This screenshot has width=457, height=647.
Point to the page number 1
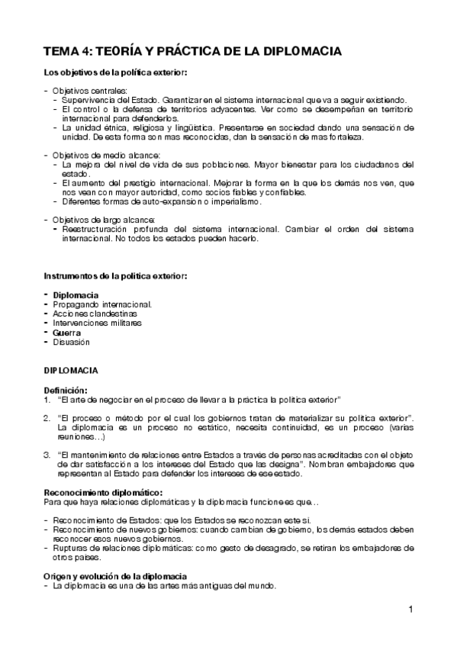410,609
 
